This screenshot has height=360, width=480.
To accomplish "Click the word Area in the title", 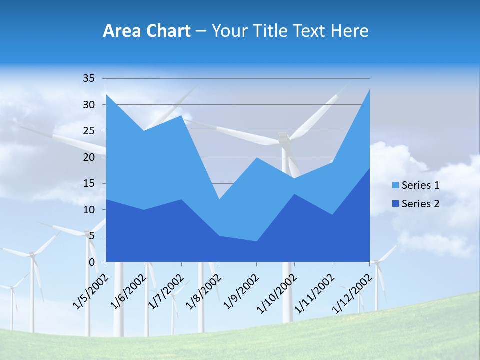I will click(120, 31).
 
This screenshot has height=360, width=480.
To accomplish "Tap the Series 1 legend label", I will click(420, 185).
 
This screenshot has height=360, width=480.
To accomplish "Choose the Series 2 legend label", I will click(420, 203).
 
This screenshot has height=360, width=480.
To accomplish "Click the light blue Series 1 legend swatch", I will click(396, 185).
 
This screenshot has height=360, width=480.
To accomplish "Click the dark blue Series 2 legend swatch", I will click(396, 203).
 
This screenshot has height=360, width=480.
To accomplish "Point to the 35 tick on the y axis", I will click(89, 78).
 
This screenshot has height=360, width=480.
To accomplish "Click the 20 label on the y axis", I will click(89, 157).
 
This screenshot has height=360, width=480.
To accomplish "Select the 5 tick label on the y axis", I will click(91, 236).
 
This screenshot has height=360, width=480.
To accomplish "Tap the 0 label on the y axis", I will click(91, 262).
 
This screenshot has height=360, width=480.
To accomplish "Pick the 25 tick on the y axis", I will click(89, 131).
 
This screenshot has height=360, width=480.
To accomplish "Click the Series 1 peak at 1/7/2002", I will click(181, 116).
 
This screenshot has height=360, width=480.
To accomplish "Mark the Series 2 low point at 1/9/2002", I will click(256, 241).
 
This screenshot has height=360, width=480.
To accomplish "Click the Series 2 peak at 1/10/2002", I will click(294, 194).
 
